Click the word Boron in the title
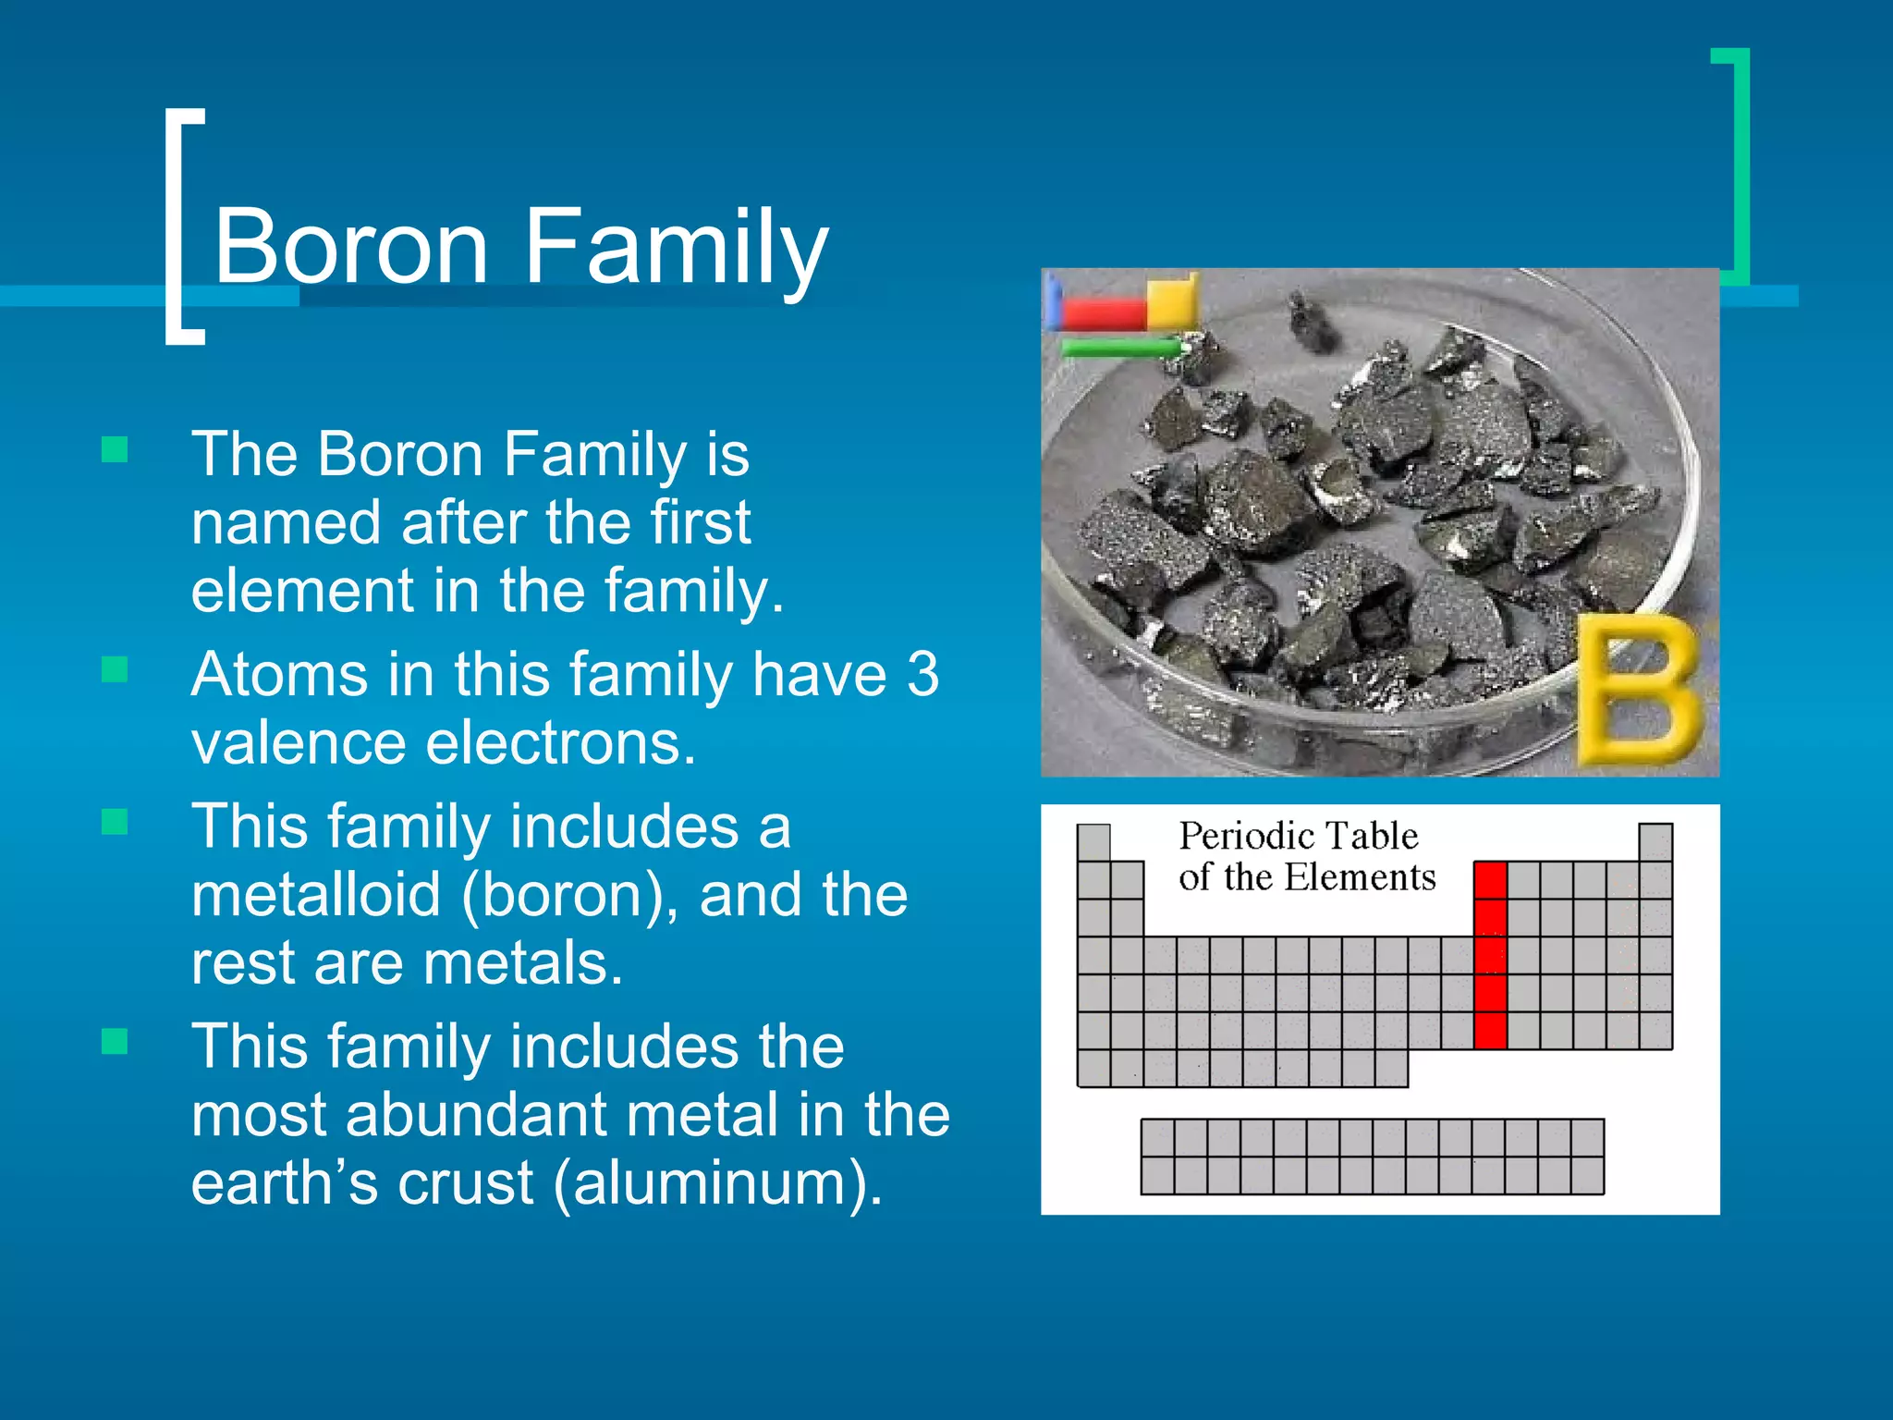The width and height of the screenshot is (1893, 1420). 351,246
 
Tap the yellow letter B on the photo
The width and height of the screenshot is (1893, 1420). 1638,690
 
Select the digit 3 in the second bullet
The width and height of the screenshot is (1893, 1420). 922,674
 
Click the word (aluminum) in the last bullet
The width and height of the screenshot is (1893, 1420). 717,1183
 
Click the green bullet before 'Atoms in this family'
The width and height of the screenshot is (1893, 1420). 115,669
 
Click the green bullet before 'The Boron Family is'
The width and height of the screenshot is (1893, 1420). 115,450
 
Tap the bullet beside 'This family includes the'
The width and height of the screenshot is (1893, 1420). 115,1042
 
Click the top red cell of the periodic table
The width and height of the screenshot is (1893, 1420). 1490,880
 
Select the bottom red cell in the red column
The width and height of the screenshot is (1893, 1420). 1490,1031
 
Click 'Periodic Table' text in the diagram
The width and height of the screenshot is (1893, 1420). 1298,836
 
